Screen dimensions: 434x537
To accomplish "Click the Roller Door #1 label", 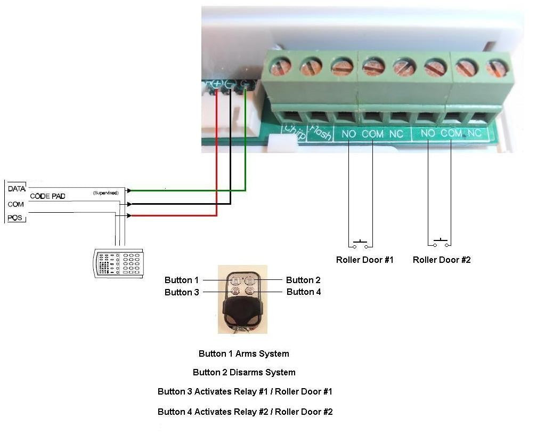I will click(364, 260).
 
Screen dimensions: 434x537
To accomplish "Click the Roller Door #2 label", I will click(442, 260).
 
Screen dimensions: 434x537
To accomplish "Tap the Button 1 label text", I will click(181, 280).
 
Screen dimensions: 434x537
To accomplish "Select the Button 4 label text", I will click(304, 292).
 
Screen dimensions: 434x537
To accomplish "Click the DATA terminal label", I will click(17, 189).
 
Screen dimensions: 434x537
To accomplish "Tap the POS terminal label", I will click(16, 218).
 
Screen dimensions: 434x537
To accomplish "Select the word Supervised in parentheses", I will click(105, 192).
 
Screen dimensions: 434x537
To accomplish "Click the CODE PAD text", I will click(47, 196).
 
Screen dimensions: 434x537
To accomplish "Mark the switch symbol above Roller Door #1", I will click(361, 244).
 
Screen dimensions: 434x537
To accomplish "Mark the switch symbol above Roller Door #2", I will click(440, 244).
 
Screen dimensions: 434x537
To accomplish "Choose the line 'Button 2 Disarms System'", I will click(244, 372).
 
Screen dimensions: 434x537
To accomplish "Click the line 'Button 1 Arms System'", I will click(244, 353).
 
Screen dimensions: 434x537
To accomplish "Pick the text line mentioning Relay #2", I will click(245, 412).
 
